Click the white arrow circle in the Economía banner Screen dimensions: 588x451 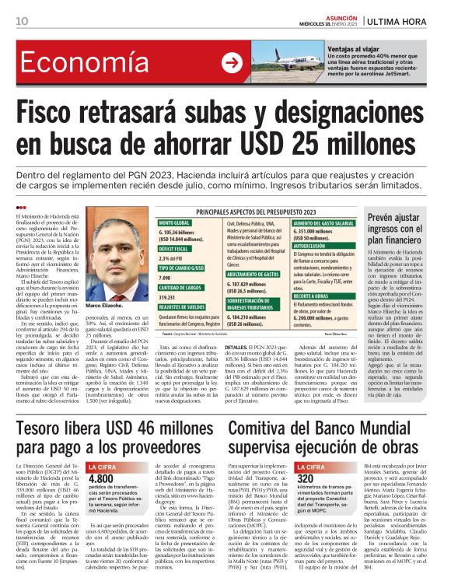[232, 64]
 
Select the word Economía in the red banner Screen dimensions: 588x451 [78, 64]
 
